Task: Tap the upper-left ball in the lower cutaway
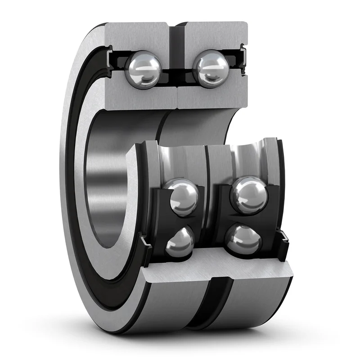pyautogui.click(x=182, y=197)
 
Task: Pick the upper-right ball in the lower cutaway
pyautogui.click(x=249, y=194)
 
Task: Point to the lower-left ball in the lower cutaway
pyautogui.click(x=180, y=243)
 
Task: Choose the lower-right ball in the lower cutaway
pyautogui.click(x=243, y=239)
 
